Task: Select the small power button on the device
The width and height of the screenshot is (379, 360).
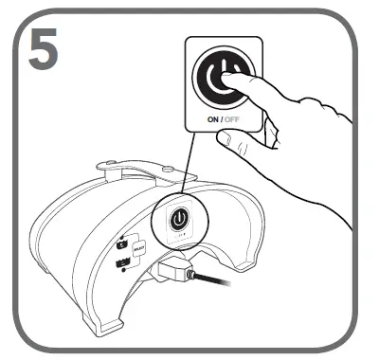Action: [x=177, y=220]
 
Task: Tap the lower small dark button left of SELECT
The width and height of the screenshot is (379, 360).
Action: [x=123, y=263]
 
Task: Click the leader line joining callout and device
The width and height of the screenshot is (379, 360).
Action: [x=190, y=166]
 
